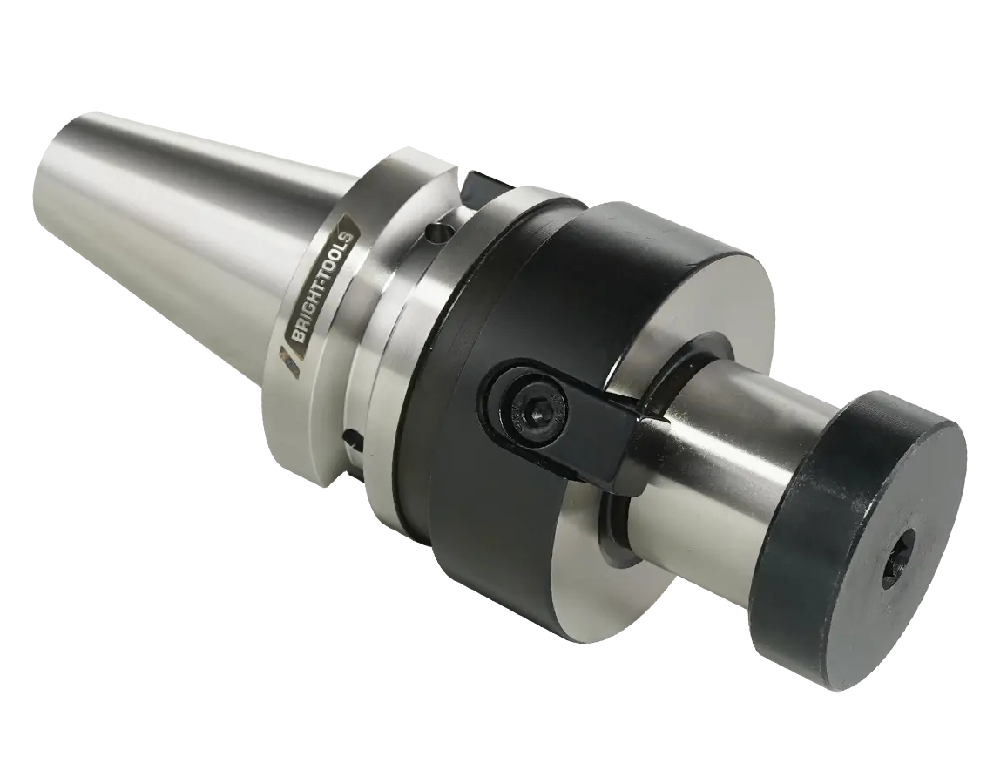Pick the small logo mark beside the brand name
(x=287, y=359)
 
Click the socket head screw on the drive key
(x=527, y=406)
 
